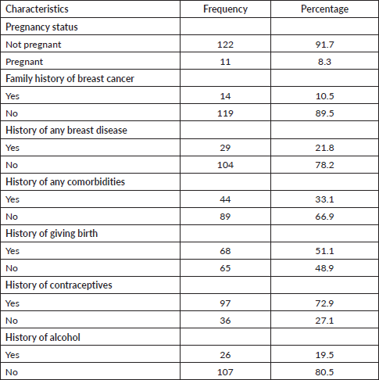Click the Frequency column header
click(x=225, y=9)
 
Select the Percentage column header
click(x=324, y=9)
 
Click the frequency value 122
click(x=225, y=45)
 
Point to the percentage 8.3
click(x=324, y=62)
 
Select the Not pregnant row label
click(x=34, y=45)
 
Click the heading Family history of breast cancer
click(x=70, y=79)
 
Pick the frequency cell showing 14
click(x=225, y=96)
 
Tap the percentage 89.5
click(x=324, y=113)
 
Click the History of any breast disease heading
click(x=66, y=131)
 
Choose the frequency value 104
click(x=225, y=165)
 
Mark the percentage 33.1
click(x=324, y=199)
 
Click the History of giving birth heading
click(x=52, y=234)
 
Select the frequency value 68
click(x=225, y=251)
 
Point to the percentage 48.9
click(x=324, y=268)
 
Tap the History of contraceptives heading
click(x=59, y=285)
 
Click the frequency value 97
click(x=225, y=303)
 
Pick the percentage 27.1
click(x=324, y=321)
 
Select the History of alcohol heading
click(x=43, y=337)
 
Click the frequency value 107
click(x=225, y=372)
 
